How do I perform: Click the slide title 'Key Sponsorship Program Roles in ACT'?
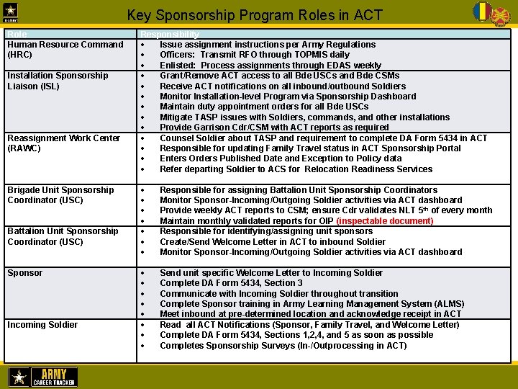(255, 14)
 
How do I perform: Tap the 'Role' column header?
(16, 34)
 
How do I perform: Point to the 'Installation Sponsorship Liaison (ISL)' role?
(58, 81)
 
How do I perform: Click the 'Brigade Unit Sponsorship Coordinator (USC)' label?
(60, 194)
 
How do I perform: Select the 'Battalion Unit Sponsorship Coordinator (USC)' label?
(63, 236)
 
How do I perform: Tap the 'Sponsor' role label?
(25, 273)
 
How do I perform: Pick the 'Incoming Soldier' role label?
(42, 325)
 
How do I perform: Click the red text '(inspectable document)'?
(385, 221)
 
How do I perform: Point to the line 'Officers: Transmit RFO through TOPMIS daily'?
(254, 55)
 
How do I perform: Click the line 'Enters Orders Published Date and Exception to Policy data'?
(281, 158)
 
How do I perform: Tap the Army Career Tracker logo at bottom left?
(43, 377)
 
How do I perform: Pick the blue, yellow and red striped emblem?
(481, 12)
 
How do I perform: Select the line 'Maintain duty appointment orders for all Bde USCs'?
(264, 107)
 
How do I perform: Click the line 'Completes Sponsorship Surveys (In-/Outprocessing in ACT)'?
(283, 346)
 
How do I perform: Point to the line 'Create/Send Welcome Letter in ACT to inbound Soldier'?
(272, 242)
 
